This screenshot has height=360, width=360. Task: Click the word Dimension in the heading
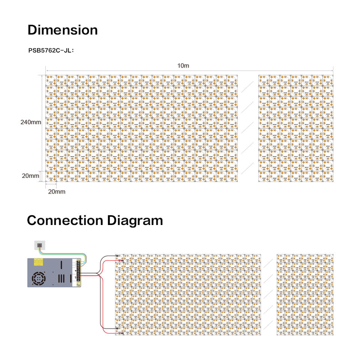coord(63,30)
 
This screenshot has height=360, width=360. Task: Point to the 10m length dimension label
coord(183,66)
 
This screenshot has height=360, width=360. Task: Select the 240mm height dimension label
coord(31,122)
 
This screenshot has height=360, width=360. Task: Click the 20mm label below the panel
coord(57,192)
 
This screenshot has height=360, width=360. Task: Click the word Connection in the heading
coord(65,220)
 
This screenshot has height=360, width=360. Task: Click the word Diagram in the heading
coord(135,220)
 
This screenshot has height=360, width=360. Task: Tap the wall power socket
coord(39,245)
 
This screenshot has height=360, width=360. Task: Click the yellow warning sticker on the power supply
coord(38,262)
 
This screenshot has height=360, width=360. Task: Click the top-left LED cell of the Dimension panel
coord(51,79)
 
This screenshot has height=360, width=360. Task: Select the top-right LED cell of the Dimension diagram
coord(328,79)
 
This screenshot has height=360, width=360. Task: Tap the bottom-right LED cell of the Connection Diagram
coord(330,331)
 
